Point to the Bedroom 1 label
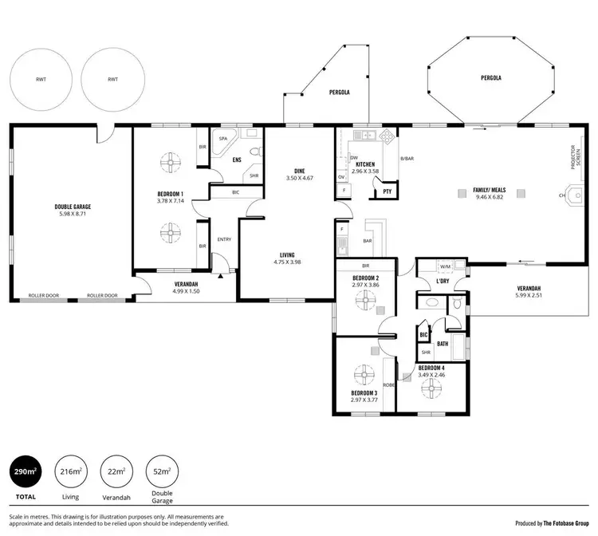[x=171, y=194]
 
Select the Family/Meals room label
[x=490, y=190]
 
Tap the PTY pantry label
[x=387, y=191]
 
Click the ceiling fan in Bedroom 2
[x=365, y=301]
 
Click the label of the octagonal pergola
[x=491, y=79]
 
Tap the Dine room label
[x=300, y=171]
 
